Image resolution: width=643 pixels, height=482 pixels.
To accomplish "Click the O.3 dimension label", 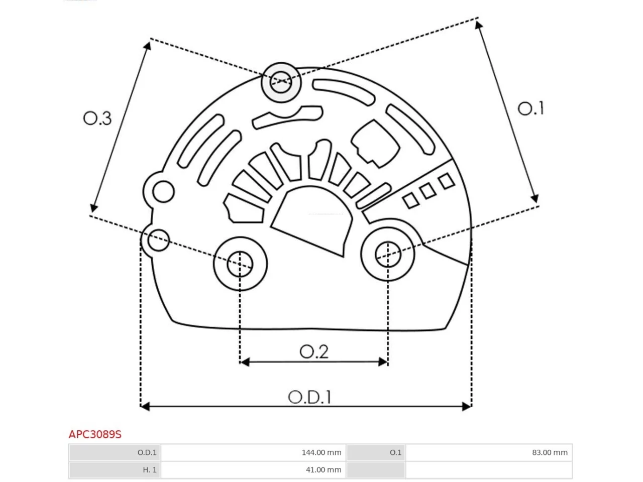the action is pyautogui.click(x=97, y=118).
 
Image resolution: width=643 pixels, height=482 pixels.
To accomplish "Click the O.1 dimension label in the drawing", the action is pyautogui.click(x=530, y=108).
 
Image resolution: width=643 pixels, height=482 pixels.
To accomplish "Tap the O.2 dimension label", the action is pyautogui.click(x=314, y=351).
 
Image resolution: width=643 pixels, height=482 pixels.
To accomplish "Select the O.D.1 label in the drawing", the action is pyautogui.click(x=309, y=397).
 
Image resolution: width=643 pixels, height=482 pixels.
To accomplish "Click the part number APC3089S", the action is pyautogui.click(x=95, y=435).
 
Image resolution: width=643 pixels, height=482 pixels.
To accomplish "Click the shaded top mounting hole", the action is pyautogui.click(x=281, y=82).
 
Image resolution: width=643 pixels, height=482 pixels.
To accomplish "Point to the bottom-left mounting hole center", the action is pyautogui.click(x=240, y=264).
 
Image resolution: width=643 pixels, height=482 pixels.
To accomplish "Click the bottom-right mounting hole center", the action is pyautogui.click(x=387, y=254).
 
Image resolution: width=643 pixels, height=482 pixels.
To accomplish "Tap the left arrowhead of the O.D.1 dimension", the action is pyautogui.click(x=145, y=406).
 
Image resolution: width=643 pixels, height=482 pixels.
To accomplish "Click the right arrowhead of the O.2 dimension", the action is pyautogui.click(x=383, y=362).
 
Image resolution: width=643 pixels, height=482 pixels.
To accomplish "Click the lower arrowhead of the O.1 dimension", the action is pyautogui.click(x=534, y=198).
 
